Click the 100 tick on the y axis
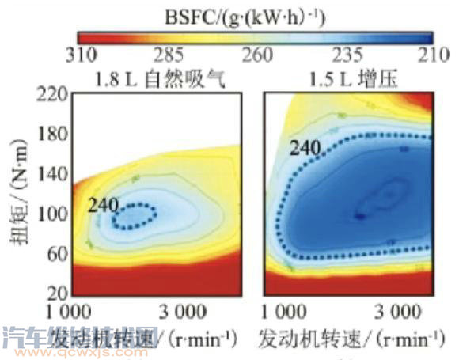tap(51, 215)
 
